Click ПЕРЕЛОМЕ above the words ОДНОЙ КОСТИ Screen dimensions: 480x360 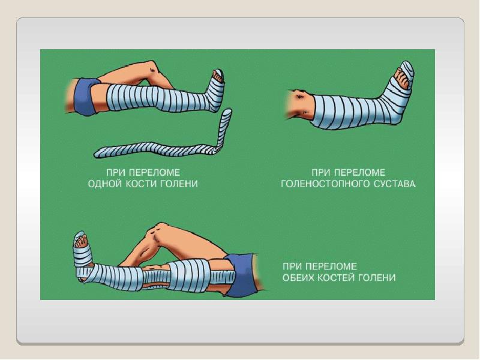point(154,173)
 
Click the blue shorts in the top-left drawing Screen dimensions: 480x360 point(85,96)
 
